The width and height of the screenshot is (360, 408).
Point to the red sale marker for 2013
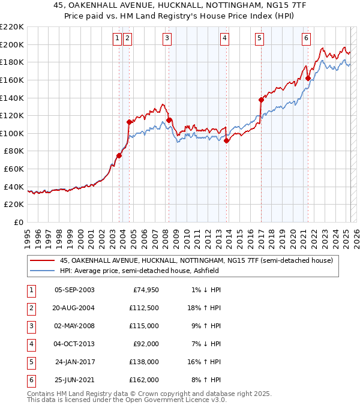pos(227,140)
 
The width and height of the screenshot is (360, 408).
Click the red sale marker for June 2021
pos(308,78)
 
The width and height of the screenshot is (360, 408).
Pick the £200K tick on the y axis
pos(13,44)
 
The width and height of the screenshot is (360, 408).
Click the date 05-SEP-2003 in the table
pos(74,290)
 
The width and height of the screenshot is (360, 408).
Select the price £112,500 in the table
pos(145,308)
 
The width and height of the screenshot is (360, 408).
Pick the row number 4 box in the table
pos(31,344)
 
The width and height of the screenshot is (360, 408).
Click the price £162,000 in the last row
pos(145,380)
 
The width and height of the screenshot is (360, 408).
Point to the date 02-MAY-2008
pos(74,326)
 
